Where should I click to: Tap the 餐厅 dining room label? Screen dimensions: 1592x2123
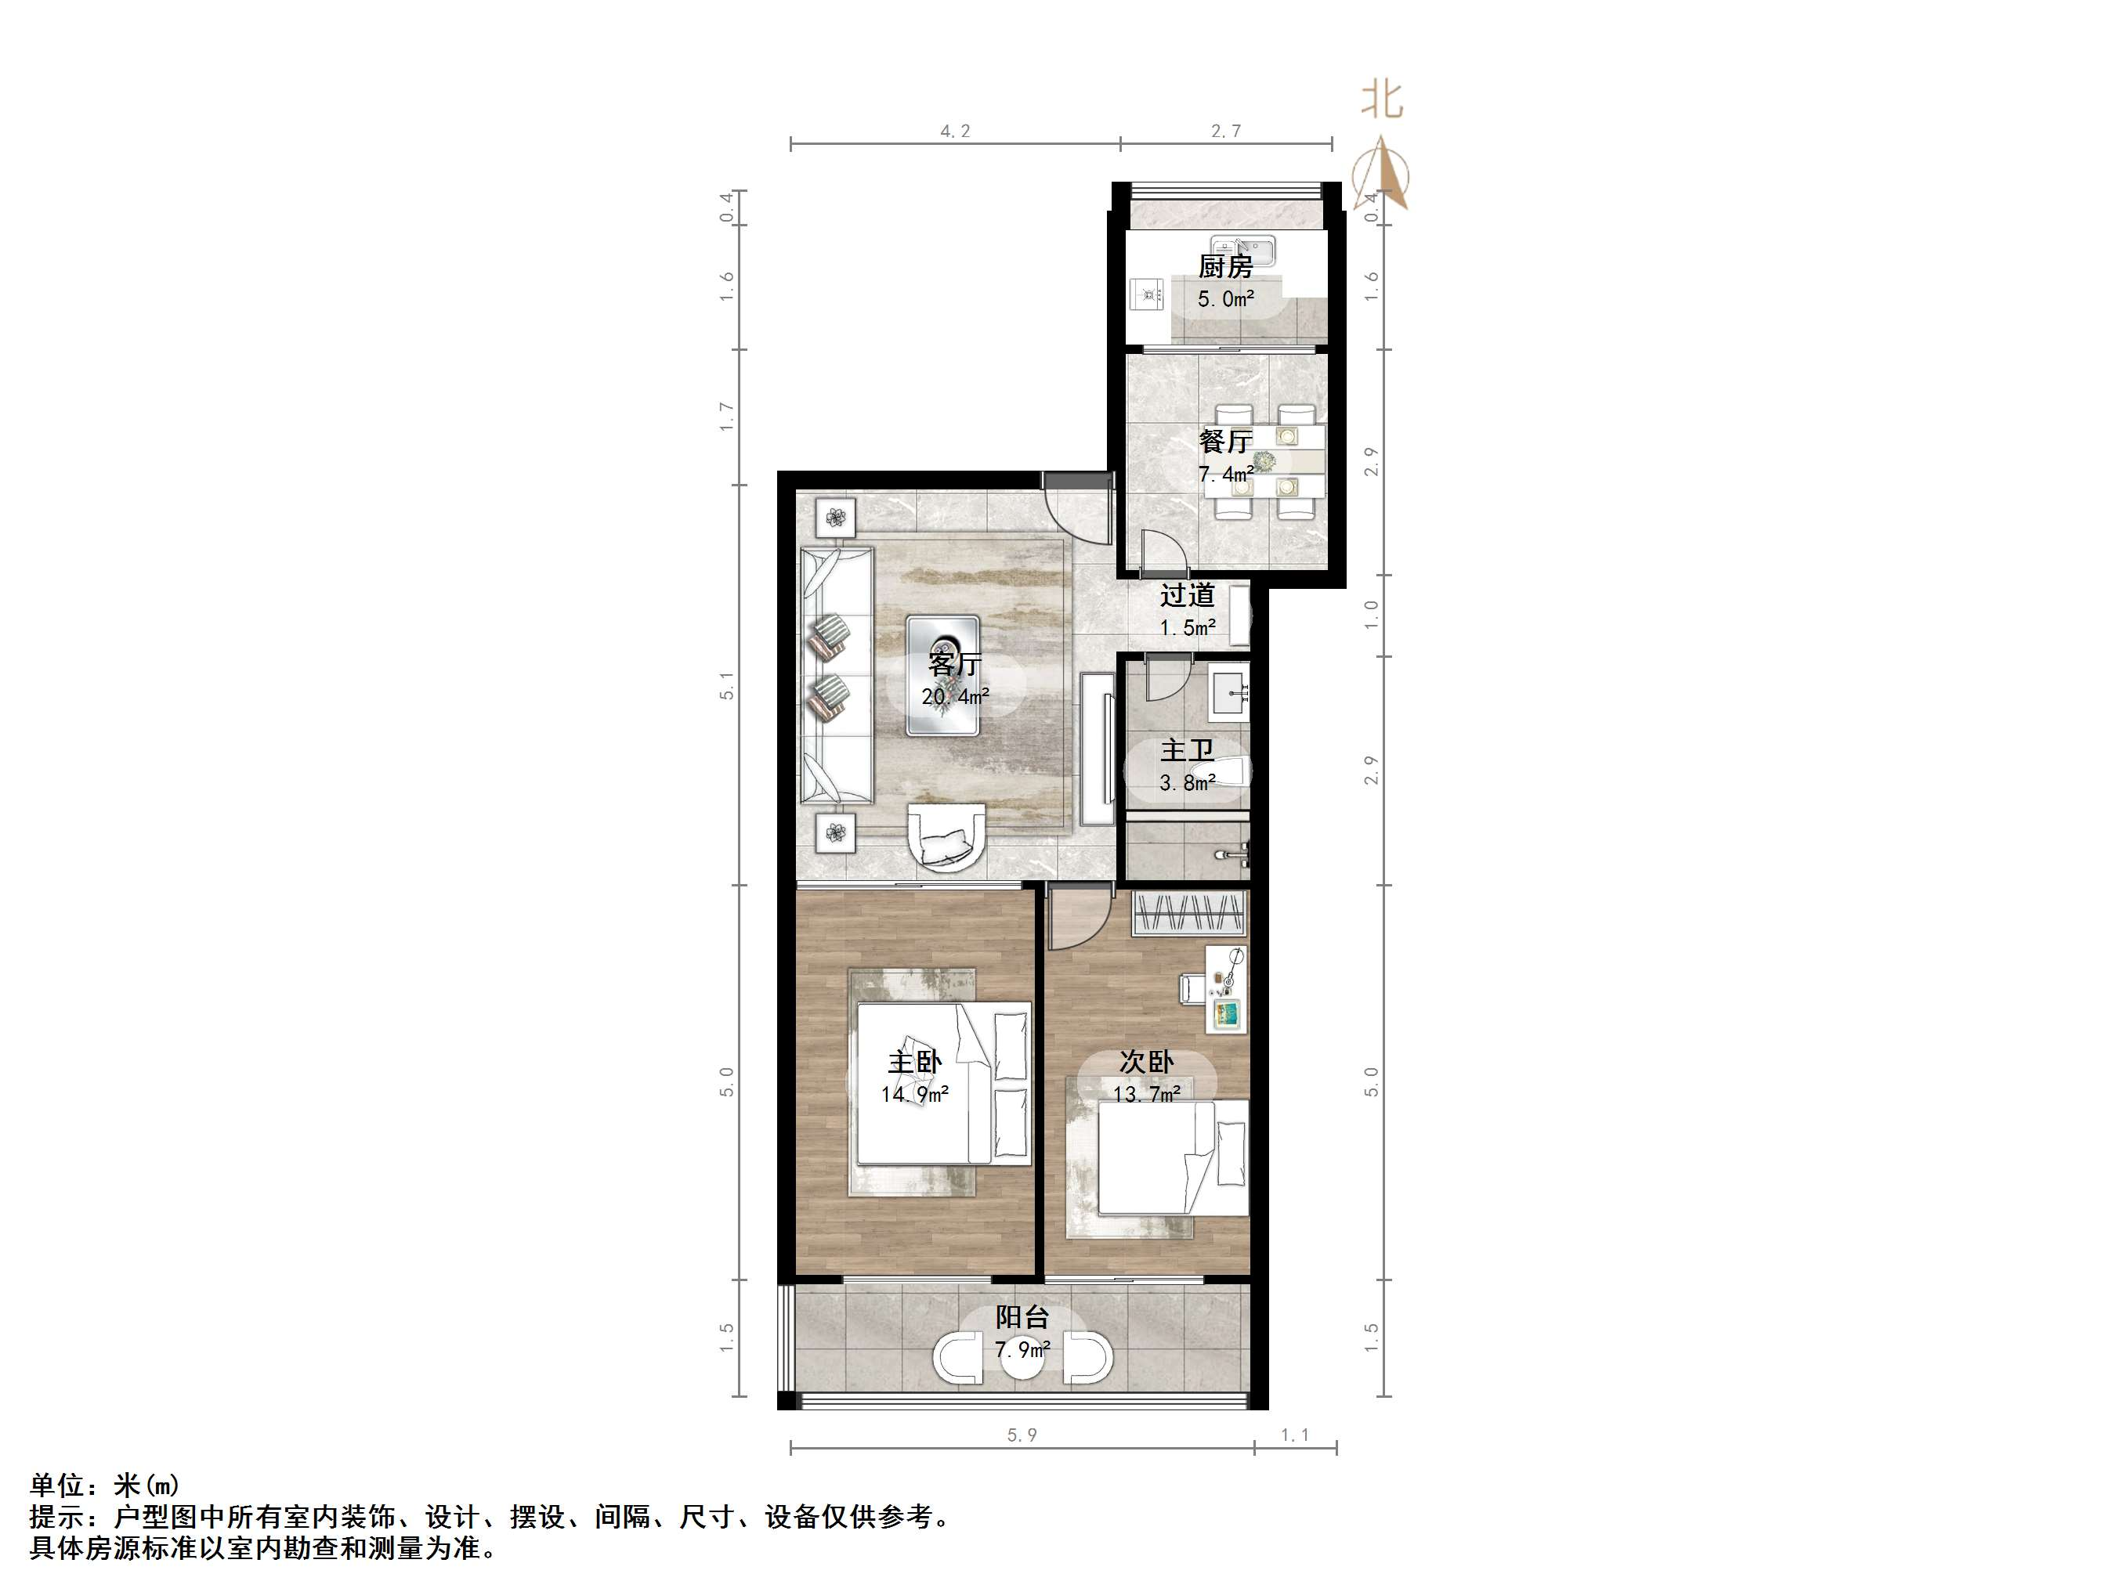(1224, 442)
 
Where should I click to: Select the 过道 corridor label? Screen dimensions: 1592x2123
(1187, 596)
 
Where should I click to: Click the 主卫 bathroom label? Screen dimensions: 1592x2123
(1187, 750)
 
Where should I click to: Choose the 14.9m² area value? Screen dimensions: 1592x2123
(915, 1094)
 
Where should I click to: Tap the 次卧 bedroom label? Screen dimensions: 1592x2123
(1147, 1063)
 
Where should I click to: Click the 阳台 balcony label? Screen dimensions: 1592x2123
(1022, 1318)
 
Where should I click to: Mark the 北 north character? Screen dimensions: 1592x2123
(1382, 99)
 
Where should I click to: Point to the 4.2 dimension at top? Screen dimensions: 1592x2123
(955, 132)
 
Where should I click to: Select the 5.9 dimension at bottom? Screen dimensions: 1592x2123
(1022, 1435)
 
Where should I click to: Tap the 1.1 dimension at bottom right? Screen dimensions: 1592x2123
(1295, 1435)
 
